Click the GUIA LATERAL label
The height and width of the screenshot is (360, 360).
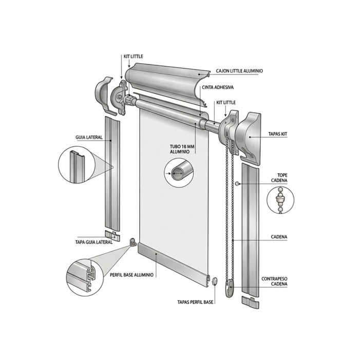tap(89, 137)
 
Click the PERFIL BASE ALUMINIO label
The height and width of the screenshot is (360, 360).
tap(131, 275)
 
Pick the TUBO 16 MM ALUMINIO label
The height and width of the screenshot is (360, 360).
tap(180, 149)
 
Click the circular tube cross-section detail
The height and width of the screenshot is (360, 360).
tap(180, 173)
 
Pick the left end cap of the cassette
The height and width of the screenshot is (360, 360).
tap(106, 94)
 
